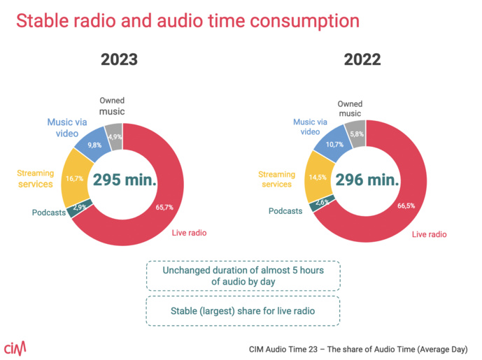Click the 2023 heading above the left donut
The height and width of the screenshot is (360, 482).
click(119, 59)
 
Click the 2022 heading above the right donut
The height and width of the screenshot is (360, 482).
click(362, 59)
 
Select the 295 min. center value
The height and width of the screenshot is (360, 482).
click(125, 181)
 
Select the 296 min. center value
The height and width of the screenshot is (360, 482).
click(367, 179)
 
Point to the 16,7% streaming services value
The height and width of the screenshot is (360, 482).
click(75, 178)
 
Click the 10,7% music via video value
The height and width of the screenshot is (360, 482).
click(334, 144)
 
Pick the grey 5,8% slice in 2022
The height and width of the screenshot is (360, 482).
click(356, 134)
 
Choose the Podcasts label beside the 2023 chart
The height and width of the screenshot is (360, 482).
click(48, 213)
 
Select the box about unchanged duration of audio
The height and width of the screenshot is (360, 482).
click(243, 275)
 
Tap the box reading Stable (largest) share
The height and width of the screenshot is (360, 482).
click(243, 311)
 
